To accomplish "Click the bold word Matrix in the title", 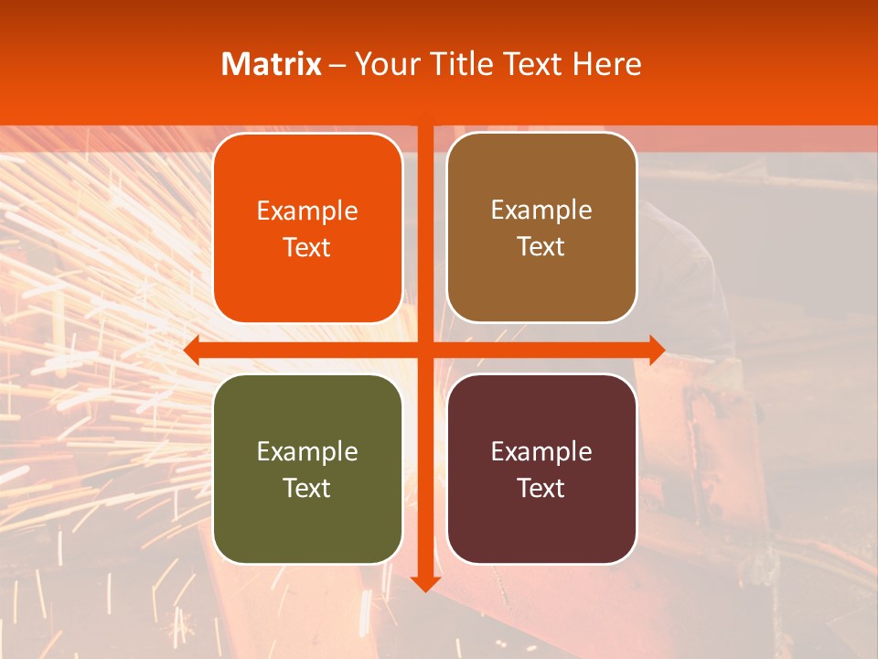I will tap(272, 64).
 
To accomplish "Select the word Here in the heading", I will tap(607, 64).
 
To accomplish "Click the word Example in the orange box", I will tap(307, 211).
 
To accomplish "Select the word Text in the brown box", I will tap(541, 247).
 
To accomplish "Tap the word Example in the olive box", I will tap(307, 451).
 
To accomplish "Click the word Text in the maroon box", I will tap(541, 488).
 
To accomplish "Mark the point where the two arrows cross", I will tap(425, 350).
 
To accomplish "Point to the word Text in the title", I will tap(532, 64).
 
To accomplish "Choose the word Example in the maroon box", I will tap(541, 451).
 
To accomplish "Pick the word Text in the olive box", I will tap(307, 488).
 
